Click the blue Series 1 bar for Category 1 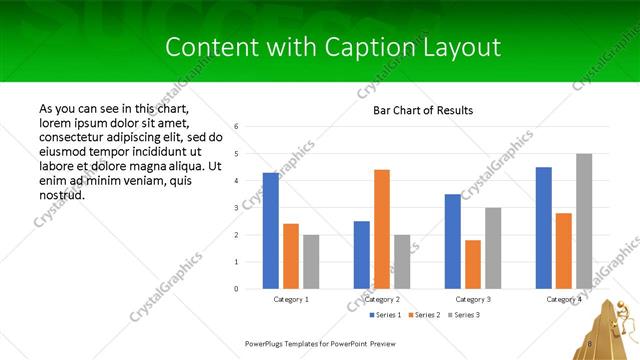pyautogui.click(x=271, y=231)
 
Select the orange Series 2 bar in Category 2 pyautogui.click(x=382, y=229)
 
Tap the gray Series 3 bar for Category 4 pyautogui.click(x=584, y=221)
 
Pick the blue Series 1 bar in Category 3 pyautogui.click(x=453, y=241)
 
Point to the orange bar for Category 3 pyautogui.click(x=473, y=264)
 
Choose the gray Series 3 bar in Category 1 pyautogui.click(x=311, y=262)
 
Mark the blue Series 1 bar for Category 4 pyautogui.click(x=544, y=228)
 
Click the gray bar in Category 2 pyautogui.click(x=402, y=262)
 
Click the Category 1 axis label pyautogui.click(x=291, y=299)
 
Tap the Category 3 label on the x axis pyautogui.click(x=473, y=299)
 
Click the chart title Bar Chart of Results pyautogui.click(x=423, y=110)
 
